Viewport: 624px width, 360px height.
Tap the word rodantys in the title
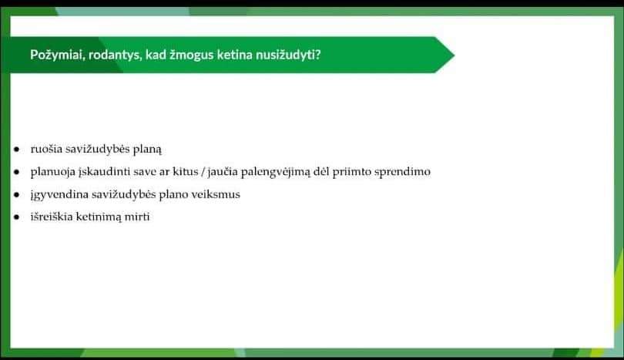point(115,55)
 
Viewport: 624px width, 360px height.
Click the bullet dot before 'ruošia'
point(16,150)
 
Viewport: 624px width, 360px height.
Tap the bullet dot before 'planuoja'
point(16,172)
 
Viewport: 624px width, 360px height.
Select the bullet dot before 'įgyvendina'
point(16,195)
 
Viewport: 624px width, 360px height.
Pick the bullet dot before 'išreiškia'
point(16,217)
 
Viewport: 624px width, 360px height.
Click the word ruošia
point(46,149)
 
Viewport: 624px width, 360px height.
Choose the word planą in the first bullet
point(147,150)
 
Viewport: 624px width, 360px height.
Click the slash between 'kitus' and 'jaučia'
point(203,172)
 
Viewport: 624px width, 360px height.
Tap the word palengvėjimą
point(275,173)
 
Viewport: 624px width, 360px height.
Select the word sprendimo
point(402,173)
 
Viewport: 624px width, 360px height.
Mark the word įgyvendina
point(59,195)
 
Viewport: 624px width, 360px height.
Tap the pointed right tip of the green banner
point(455,55)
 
